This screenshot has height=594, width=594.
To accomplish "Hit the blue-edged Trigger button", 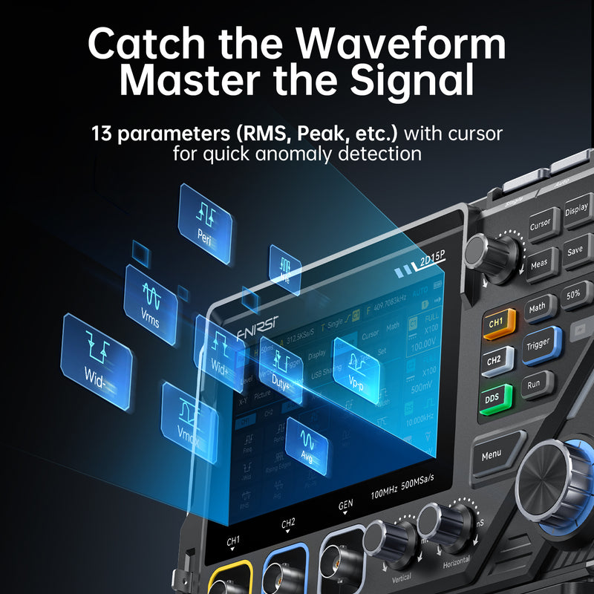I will (x=539, y=344).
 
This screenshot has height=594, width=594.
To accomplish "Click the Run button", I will (x=534, y=385).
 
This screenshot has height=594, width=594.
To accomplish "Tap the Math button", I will (x=538, y=306).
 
